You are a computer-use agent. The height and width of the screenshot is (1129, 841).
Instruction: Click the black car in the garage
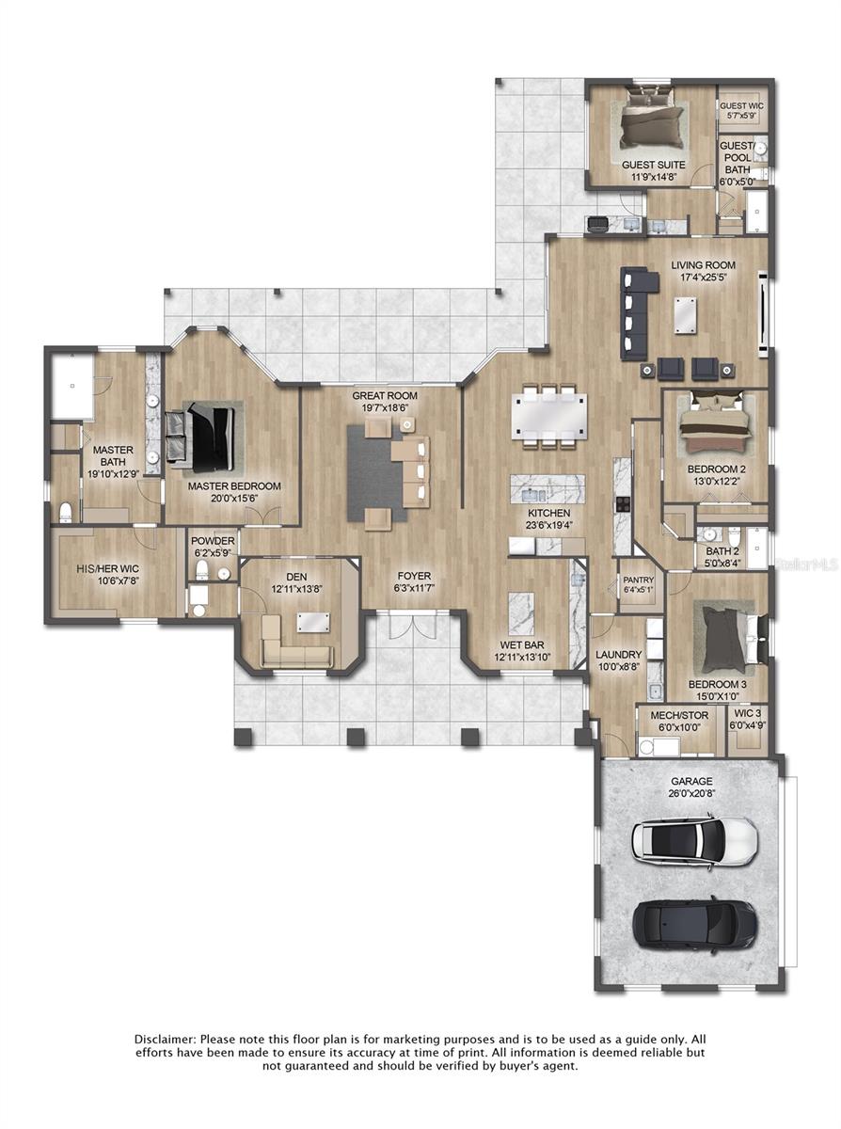(x=694, y=922)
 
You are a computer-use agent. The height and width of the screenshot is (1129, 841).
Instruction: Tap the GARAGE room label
(x=691, y=781)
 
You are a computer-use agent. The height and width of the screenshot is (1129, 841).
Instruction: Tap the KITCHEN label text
(x=548, y=513)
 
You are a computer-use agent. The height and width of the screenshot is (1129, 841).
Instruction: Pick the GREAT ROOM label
(x=385, y=396)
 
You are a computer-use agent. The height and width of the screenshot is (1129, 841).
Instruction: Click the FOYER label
(x=414, y=576)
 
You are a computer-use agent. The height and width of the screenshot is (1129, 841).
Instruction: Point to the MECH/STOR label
(x=674, y=714)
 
